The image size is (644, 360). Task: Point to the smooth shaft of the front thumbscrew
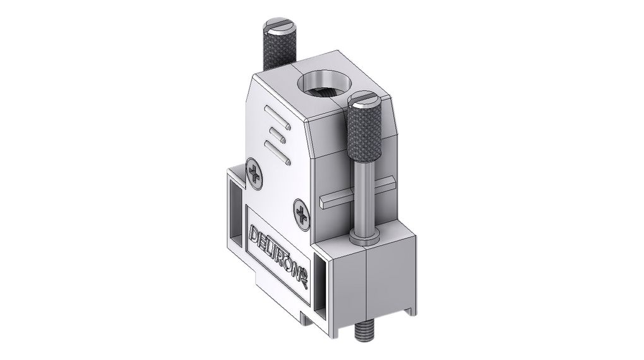(363, 196)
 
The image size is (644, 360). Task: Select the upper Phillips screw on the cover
(255, 172)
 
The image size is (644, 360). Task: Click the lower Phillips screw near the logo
(302, 214)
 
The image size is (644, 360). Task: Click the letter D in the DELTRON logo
(255, 232)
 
